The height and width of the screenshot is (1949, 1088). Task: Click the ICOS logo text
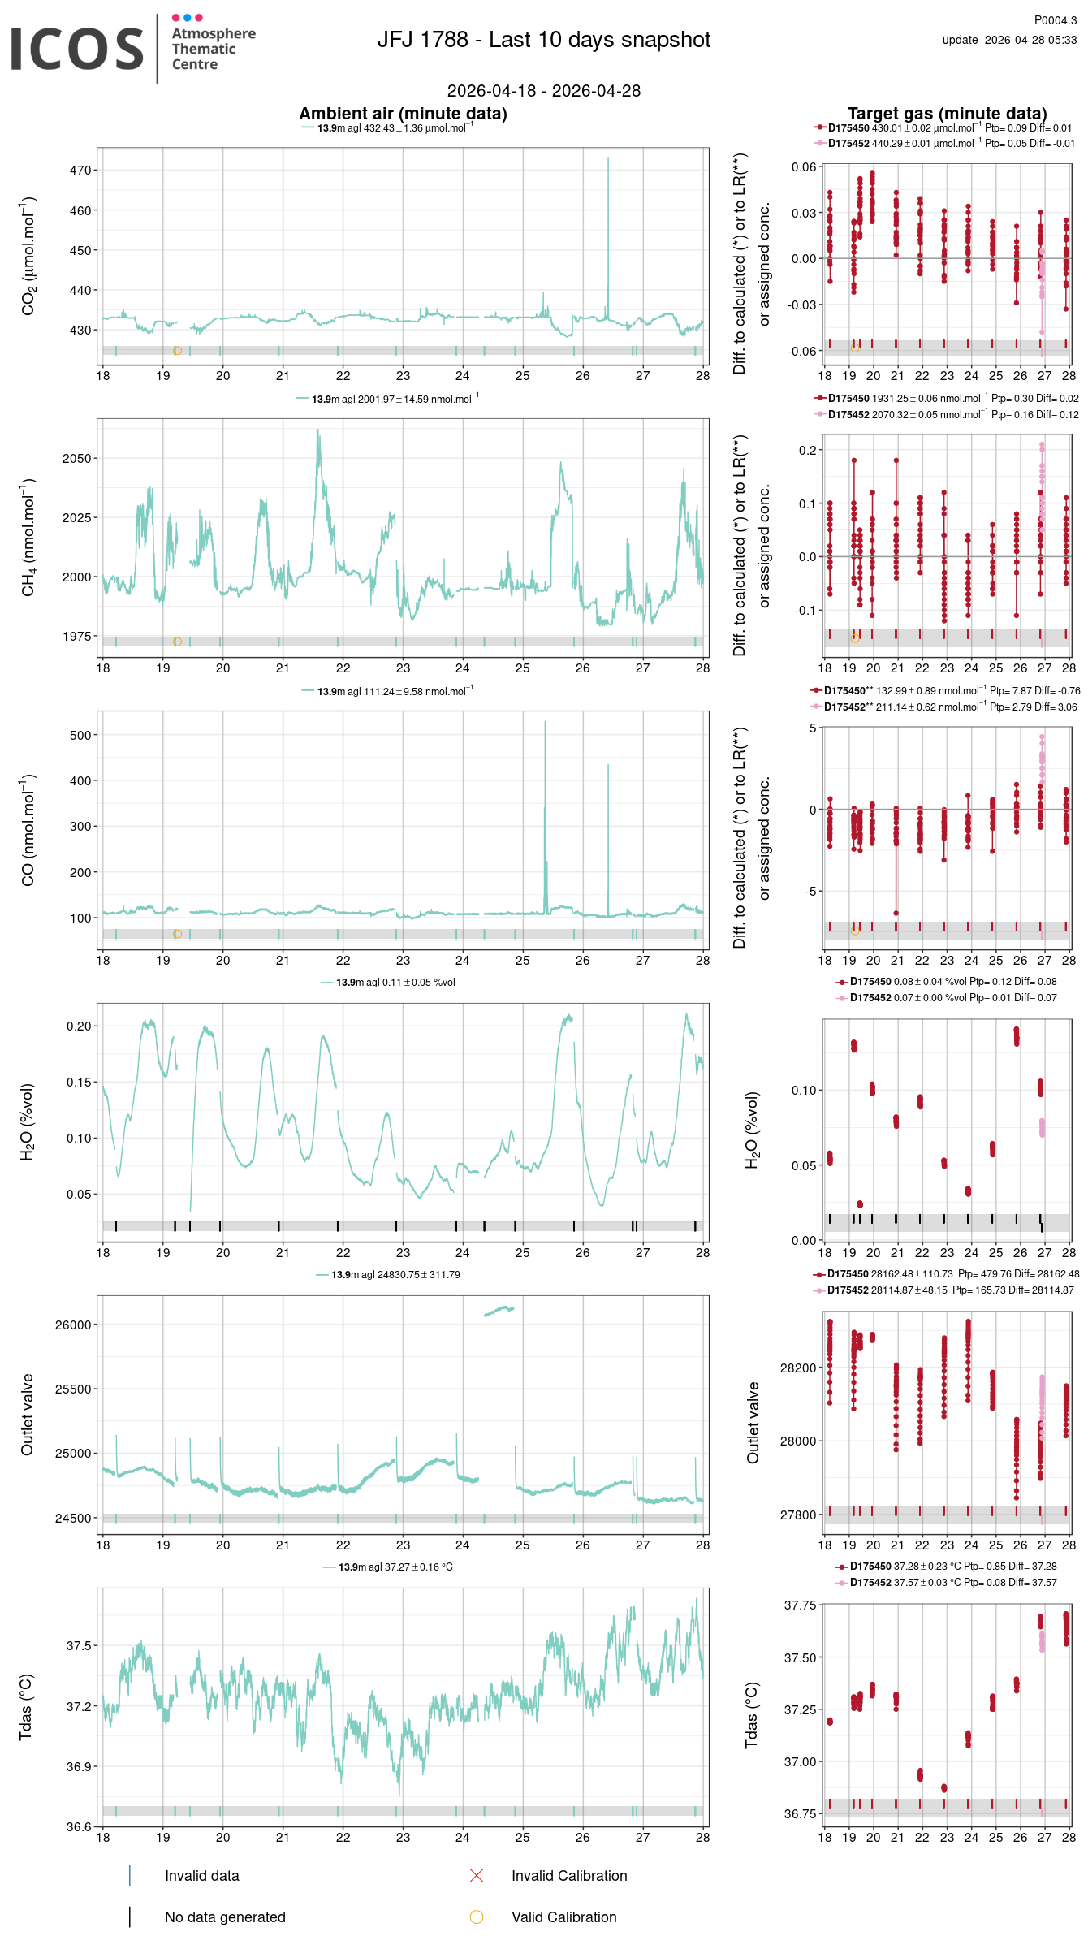[x=77, y=49]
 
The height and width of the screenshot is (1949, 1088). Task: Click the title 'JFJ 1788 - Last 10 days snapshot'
[x=543, y=40]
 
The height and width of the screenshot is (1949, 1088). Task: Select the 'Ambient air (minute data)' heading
[x=403, y=114]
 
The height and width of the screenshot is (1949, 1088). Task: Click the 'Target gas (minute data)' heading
[x=947, y=114]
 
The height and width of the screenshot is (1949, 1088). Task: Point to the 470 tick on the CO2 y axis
[x=80, y=171]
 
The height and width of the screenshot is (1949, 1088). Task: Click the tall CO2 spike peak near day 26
[x=608, y=158]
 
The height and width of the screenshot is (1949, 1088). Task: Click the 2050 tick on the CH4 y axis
[x=77, y=459]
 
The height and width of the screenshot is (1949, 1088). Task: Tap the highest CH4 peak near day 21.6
[x=318, y=431]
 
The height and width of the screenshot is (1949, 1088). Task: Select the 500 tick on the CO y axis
[x=80, y=736]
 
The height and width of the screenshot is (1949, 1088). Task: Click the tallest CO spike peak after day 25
[x=545, y=723]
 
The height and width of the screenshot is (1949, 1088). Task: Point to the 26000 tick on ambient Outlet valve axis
[x=73, y=1325]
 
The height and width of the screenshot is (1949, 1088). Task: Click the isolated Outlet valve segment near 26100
[x=499, y=1311]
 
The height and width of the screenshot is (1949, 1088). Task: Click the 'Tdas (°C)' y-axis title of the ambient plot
[x=26, y=1707]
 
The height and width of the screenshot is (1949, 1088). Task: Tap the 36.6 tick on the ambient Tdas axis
[x=79, y=1827]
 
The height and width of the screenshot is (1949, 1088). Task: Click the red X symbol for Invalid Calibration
[x=477, y=1875]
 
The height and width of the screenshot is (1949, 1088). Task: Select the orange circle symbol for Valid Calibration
[x=477, y=1917]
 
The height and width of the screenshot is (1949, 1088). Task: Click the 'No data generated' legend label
[x=225, y=1917]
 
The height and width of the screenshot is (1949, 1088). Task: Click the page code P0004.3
[x=1055, y=20]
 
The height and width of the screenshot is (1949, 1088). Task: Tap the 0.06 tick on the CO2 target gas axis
[x=804, y=167]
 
